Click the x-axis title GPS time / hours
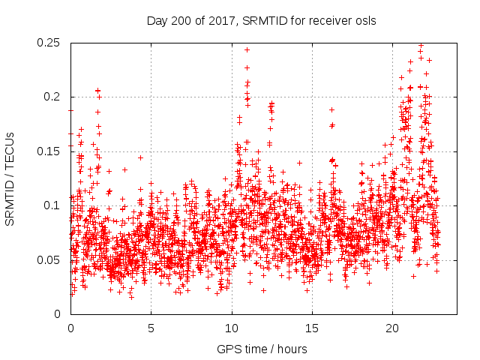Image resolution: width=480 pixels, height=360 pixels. [x=263, y=349]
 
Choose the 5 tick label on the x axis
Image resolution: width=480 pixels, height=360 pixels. [x=151, y=328]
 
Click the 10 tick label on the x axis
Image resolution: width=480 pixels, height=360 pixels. [x=232, y=328]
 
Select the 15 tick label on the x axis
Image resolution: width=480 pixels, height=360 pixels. [x=312, y=328]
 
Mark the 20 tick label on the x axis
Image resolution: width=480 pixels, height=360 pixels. [x=392, y=328]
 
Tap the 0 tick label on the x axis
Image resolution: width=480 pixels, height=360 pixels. [x=70, y=328]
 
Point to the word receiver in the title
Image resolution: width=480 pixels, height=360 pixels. [x=331, y=21]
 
